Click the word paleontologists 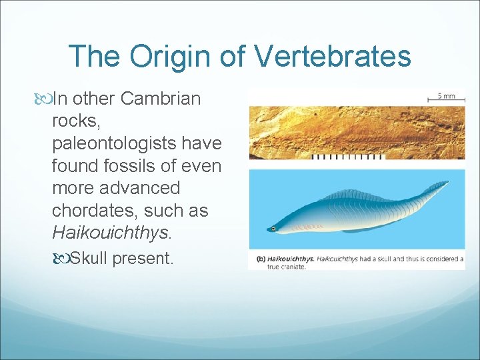tap(137, 143)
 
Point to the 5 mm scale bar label tap(445, 96)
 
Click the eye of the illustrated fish tap(273, 229)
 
